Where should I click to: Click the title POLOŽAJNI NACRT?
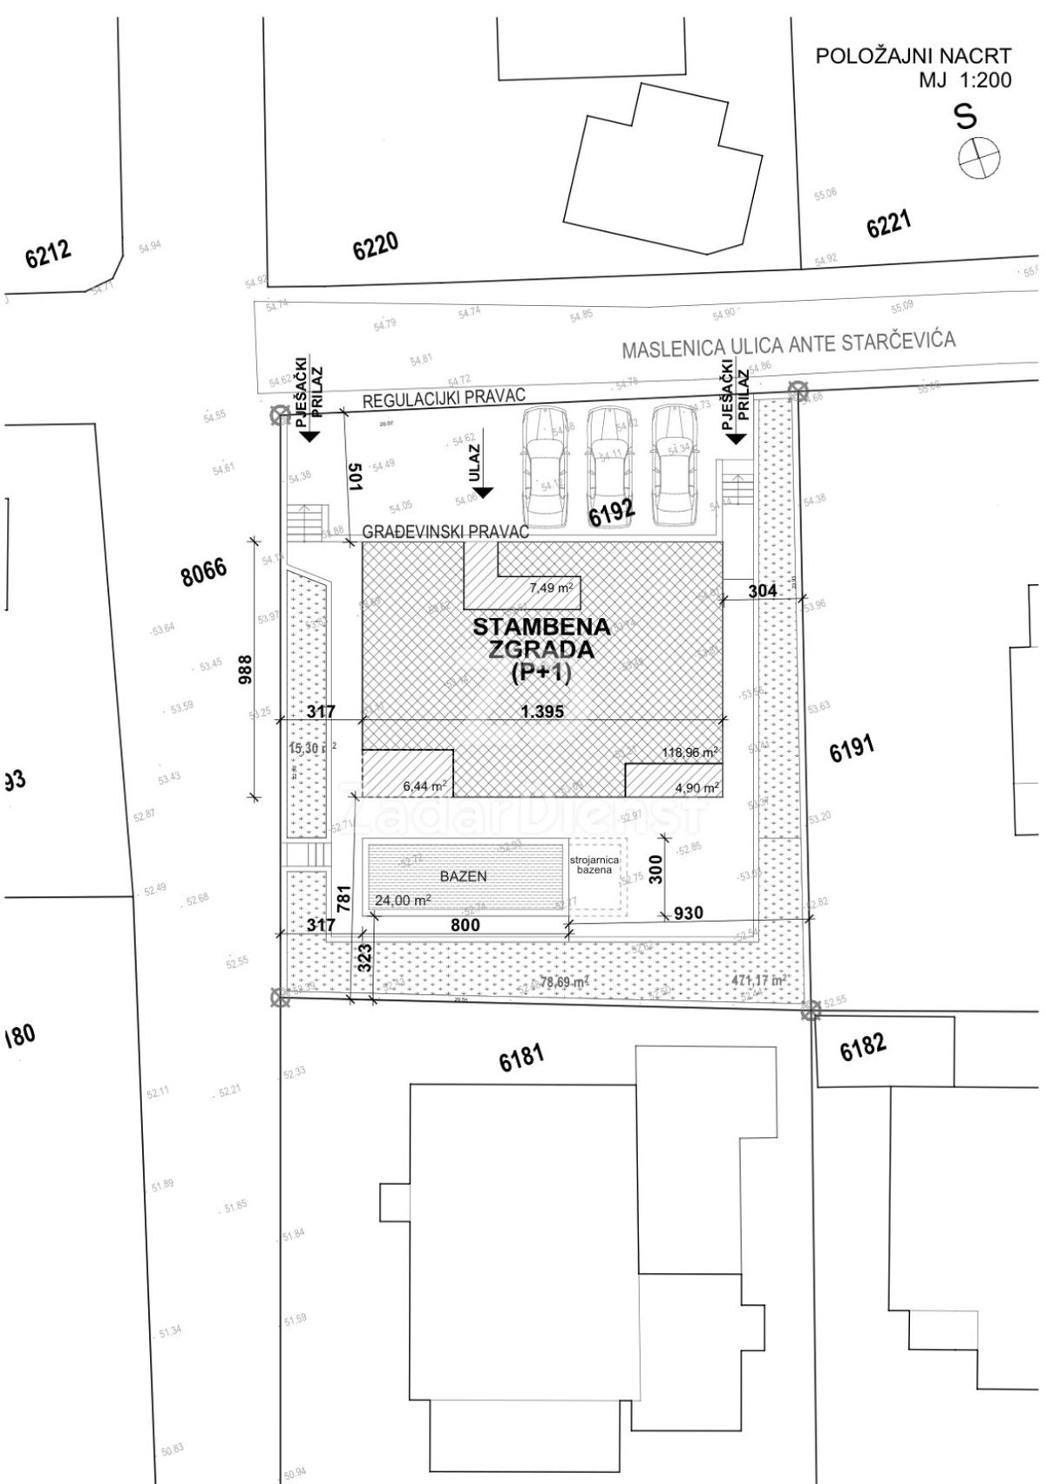(x=913, y=57)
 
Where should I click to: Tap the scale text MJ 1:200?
(x=964, y=81)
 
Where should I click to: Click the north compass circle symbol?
(x=978, y=159)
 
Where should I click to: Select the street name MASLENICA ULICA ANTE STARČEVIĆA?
(x=788, y=344)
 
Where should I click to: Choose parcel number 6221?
(x=888, y=226)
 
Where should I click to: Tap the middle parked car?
(x=608, y=466)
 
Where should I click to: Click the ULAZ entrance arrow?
(x=482, y=492)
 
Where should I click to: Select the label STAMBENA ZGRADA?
(x=541, y=638)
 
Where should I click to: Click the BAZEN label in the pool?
(x=463, y=875)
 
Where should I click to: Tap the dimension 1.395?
(x=542, y=711)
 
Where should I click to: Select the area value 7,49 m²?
(x=551, y=588)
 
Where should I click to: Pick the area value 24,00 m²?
(x=403, y=901)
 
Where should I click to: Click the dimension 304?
(x=763, y=590)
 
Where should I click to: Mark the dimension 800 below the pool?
(x=465, y=925)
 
